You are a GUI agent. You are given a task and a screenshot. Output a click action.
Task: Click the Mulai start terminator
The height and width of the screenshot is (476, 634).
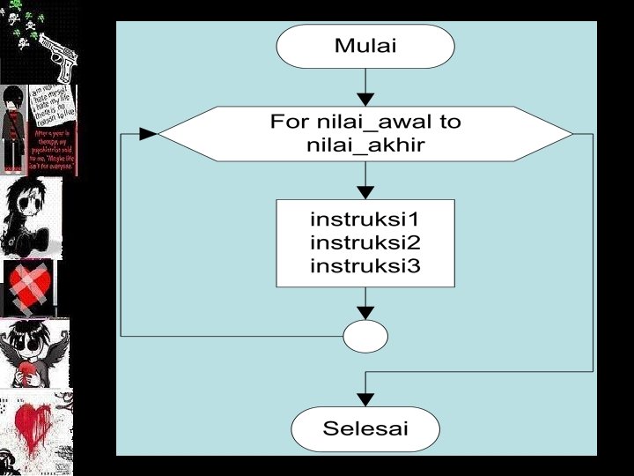pyautogui.click(x=365, y=47)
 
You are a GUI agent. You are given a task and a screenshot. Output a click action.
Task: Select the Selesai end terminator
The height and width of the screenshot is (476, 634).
pyautogui.click(x=365, y=429)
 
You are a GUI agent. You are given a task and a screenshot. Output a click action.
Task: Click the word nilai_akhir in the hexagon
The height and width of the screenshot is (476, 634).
pyautogui.click(x=365, y=145)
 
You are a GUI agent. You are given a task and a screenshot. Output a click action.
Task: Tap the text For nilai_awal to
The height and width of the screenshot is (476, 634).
pyautogui.click(x=365, y=123)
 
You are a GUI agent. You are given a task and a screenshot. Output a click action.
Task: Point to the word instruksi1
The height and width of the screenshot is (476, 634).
pyautogui.click(x=365, y=218)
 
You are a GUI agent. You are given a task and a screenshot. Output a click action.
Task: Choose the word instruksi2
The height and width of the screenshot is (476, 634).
pyautogui.click(x=365, y=242)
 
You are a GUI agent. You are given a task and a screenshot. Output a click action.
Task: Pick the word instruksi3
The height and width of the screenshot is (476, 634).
pyautogui.click(x=365, y=265)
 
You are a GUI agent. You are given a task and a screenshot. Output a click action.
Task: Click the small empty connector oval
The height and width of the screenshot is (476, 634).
pyautogui.click(x=365, y=336)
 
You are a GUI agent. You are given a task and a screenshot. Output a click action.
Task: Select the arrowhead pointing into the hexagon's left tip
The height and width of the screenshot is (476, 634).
pyautogui.click(x=148, y=134)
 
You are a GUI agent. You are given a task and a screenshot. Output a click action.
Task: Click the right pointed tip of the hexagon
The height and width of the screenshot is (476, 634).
pyautogui.click(x=571, y=134)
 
